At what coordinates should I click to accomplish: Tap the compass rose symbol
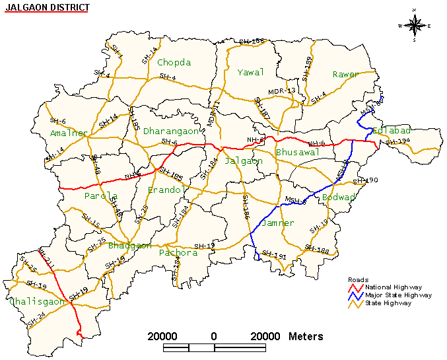click(414, 25)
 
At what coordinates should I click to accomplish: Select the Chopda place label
click(174, 63)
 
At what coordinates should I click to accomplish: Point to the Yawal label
click(250, 72)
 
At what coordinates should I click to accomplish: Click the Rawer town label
click(345, 75)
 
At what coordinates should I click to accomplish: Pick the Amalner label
click(68, 133)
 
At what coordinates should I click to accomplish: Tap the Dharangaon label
click(171, 131)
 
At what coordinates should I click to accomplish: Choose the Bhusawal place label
click(297, 153)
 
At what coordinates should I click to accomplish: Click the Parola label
click(101, 196)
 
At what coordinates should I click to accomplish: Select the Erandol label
click(165, 190)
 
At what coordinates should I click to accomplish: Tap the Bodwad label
click(339, 198)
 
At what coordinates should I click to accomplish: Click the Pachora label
click(178, 253)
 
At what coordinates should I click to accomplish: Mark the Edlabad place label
click(392, 131)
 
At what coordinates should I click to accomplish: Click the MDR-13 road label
click(281, 90)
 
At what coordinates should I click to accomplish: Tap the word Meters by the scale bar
click(306, 336)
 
